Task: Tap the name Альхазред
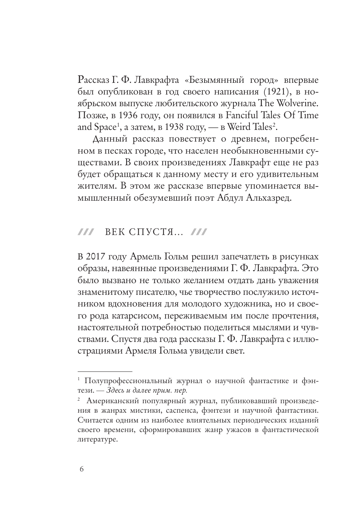click(268, 199)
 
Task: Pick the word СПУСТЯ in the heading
click(150, 232)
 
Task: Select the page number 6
click(81, 469)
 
